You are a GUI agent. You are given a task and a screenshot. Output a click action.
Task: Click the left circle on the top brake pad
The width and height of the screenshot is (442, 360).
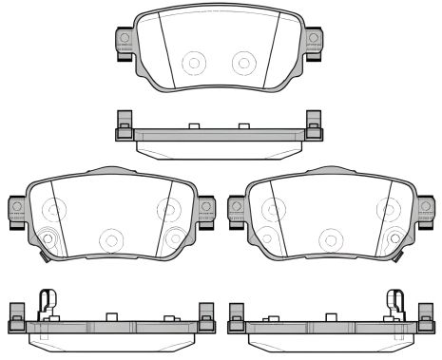194,62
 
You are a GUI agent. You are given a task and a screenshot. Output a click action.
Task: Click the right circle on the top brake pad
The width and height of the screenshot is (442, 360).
243,62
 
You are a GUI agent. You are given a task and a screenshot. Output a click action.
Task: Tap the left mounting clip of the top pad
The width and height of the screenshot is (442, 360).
123,44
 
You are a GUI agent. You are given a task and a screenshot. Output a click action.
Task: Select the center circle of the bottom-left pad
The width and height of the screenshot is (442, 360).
111,238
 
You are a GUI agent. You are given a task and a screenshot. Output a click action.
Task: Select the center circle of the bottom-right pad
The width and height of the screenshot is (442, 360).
330,238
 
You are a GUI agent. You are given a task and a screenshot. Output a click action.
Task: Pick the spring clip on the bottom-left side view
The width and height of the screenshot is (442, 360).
44,304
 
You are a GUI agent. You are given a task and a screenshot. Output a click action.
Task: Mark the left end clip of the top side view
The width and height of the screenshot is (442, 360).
123,124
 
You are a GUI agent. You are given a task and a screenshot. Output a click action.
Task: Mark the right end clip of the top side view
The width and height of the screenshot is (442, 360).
314,124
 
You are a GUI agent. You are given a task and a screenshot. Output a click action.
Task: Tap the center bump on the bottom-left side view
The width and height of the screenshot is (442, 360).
112,317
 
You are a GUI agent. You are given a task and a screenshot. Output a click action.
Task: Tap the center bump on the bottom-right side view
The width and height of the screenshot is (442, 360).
329,317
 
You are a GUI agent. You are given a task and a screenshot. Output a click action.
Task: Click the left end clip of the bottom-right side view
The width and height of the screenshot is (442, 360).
237,316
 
